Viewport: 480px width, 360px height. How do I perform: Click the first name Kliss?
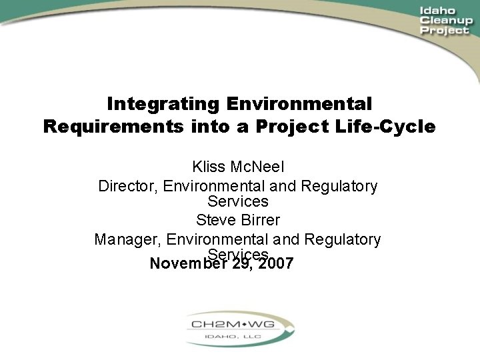pos(207,167)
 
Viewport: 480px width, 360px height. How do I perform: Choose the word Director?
pos(127,186)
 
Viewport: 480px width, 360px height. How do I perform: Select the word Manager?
pos(128,239)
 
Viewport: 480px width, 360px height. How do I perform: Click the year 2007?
pos(276,263)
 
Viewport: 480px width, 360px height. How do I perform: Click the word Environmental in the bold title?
pos(299,105)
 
